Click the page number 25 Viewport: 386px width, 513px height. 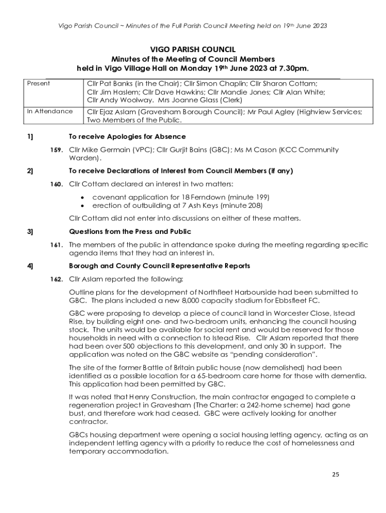(336, 474)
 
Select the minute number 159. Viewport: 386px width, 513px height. (56, 150)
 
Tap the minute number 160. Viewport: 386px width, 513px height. (56, 184)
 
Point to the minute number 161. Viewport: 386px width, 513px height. (56, 245)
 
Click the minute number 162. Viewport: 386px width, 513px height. (56, 279)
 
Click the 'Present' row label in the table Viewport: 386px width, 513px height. (38, 84)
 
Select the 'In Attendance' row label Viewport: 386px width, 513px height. (50, 111)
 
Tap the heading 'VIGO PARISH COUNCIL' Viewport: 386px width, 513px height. (193, 49)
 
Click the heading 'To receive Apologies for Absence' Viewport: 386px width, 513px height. (127, 137)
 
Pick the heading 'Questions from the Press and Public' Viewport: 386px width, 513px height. (130, 232)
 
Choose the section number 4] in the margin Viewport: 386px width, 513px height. (30, 266)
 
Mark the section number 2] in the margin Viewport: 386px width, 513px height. (30, 171)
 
